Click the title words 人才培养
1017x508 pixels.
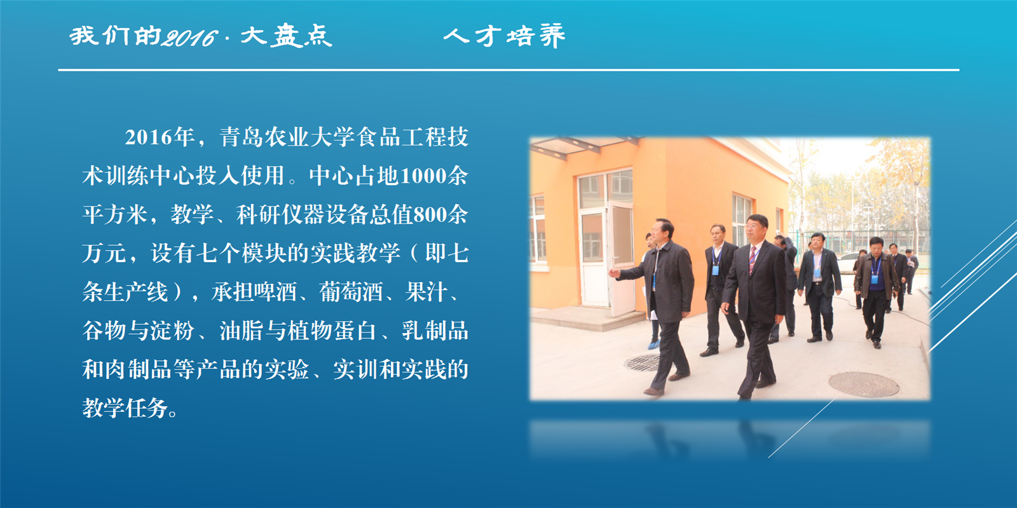(505, 36)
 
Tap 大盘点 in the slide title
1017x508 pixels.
(286, 36)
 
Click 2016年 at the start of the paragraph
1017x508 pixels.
(160, 137)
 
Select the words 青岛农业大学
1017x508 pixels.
(287, 137)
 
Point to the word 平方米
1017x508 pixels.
(115, 214)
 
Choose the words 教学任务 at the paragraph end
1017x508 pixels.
(125, 408)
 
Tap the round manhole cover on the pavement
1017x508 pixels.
(864, 385)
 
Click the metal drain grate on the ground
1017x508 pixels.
(642, 363)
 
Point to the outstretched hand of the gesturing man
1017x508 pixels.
(614, 272)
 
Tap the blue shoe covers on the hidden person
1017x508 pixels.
(653, 345)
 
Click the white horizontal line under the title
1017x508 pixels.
(508, 70)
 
